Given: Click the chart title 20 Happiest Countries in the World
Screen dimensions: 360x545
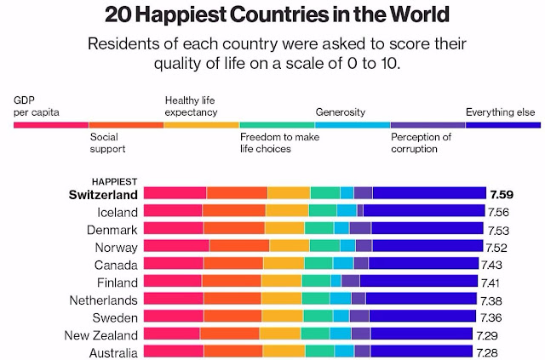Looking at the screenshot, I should (x=272, y=14).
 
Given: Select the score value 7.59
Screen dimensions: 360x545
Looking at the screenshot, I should (x=501, y=193).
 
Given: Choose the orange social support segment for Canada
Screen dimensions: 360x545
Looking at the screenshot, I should (x=232, y=264).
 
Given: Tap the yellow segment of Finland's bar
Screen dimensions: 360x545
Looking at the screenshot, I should (x=281, y=281).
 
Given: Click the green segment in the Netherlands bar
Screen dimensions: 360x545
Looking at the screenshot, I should (x=315, y=299).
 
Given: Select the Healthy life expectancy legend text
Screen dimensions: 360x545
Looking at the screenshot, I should (x=191, y=106).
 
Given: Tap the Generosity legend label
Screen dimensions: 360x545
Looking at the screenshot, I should (x=341, y=111).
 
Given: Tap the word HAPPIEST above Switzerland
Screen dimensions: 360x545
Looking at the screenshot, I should (x=114, y=180).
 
